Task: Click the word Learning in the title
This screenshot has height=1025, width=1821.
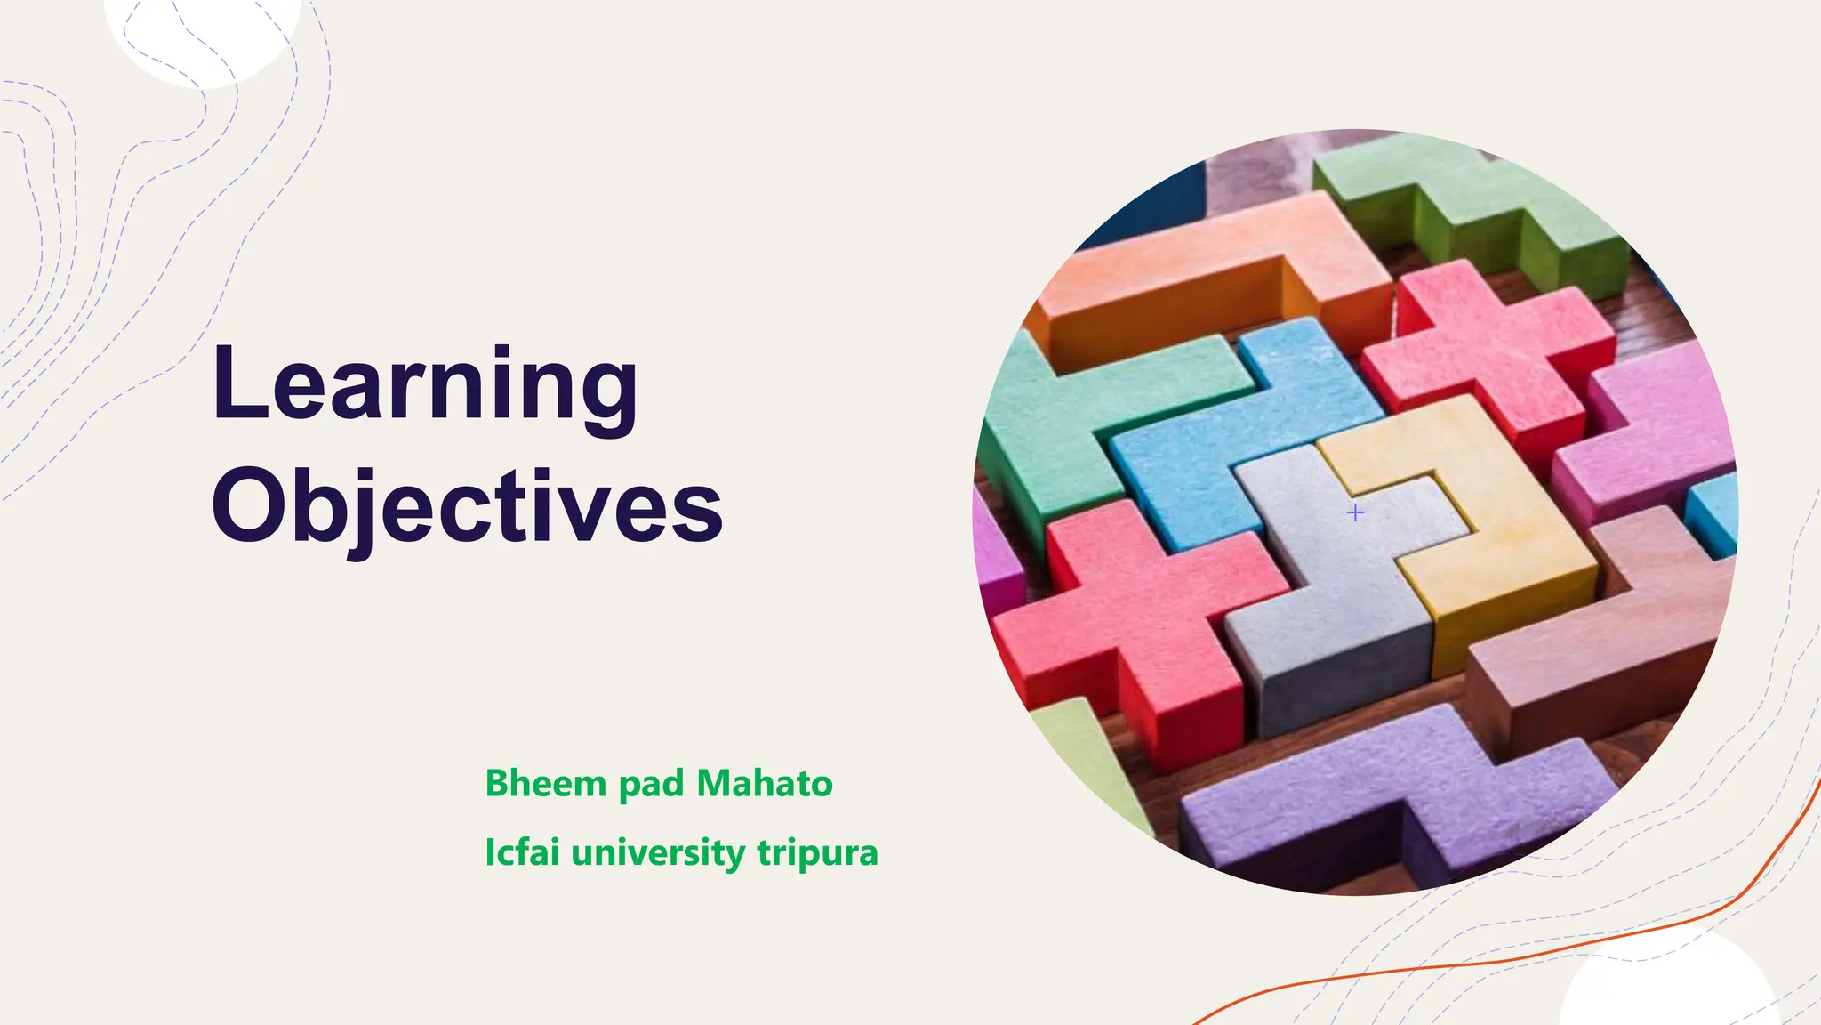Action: pos(425,384)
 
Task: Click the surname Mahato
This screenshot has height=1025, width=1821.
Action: pos(765,783)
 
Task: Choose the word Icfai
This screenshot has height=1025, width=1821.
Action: pos(522,852)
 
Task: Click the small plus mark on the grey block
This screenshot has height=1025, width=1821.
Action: pos(1355,512)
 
